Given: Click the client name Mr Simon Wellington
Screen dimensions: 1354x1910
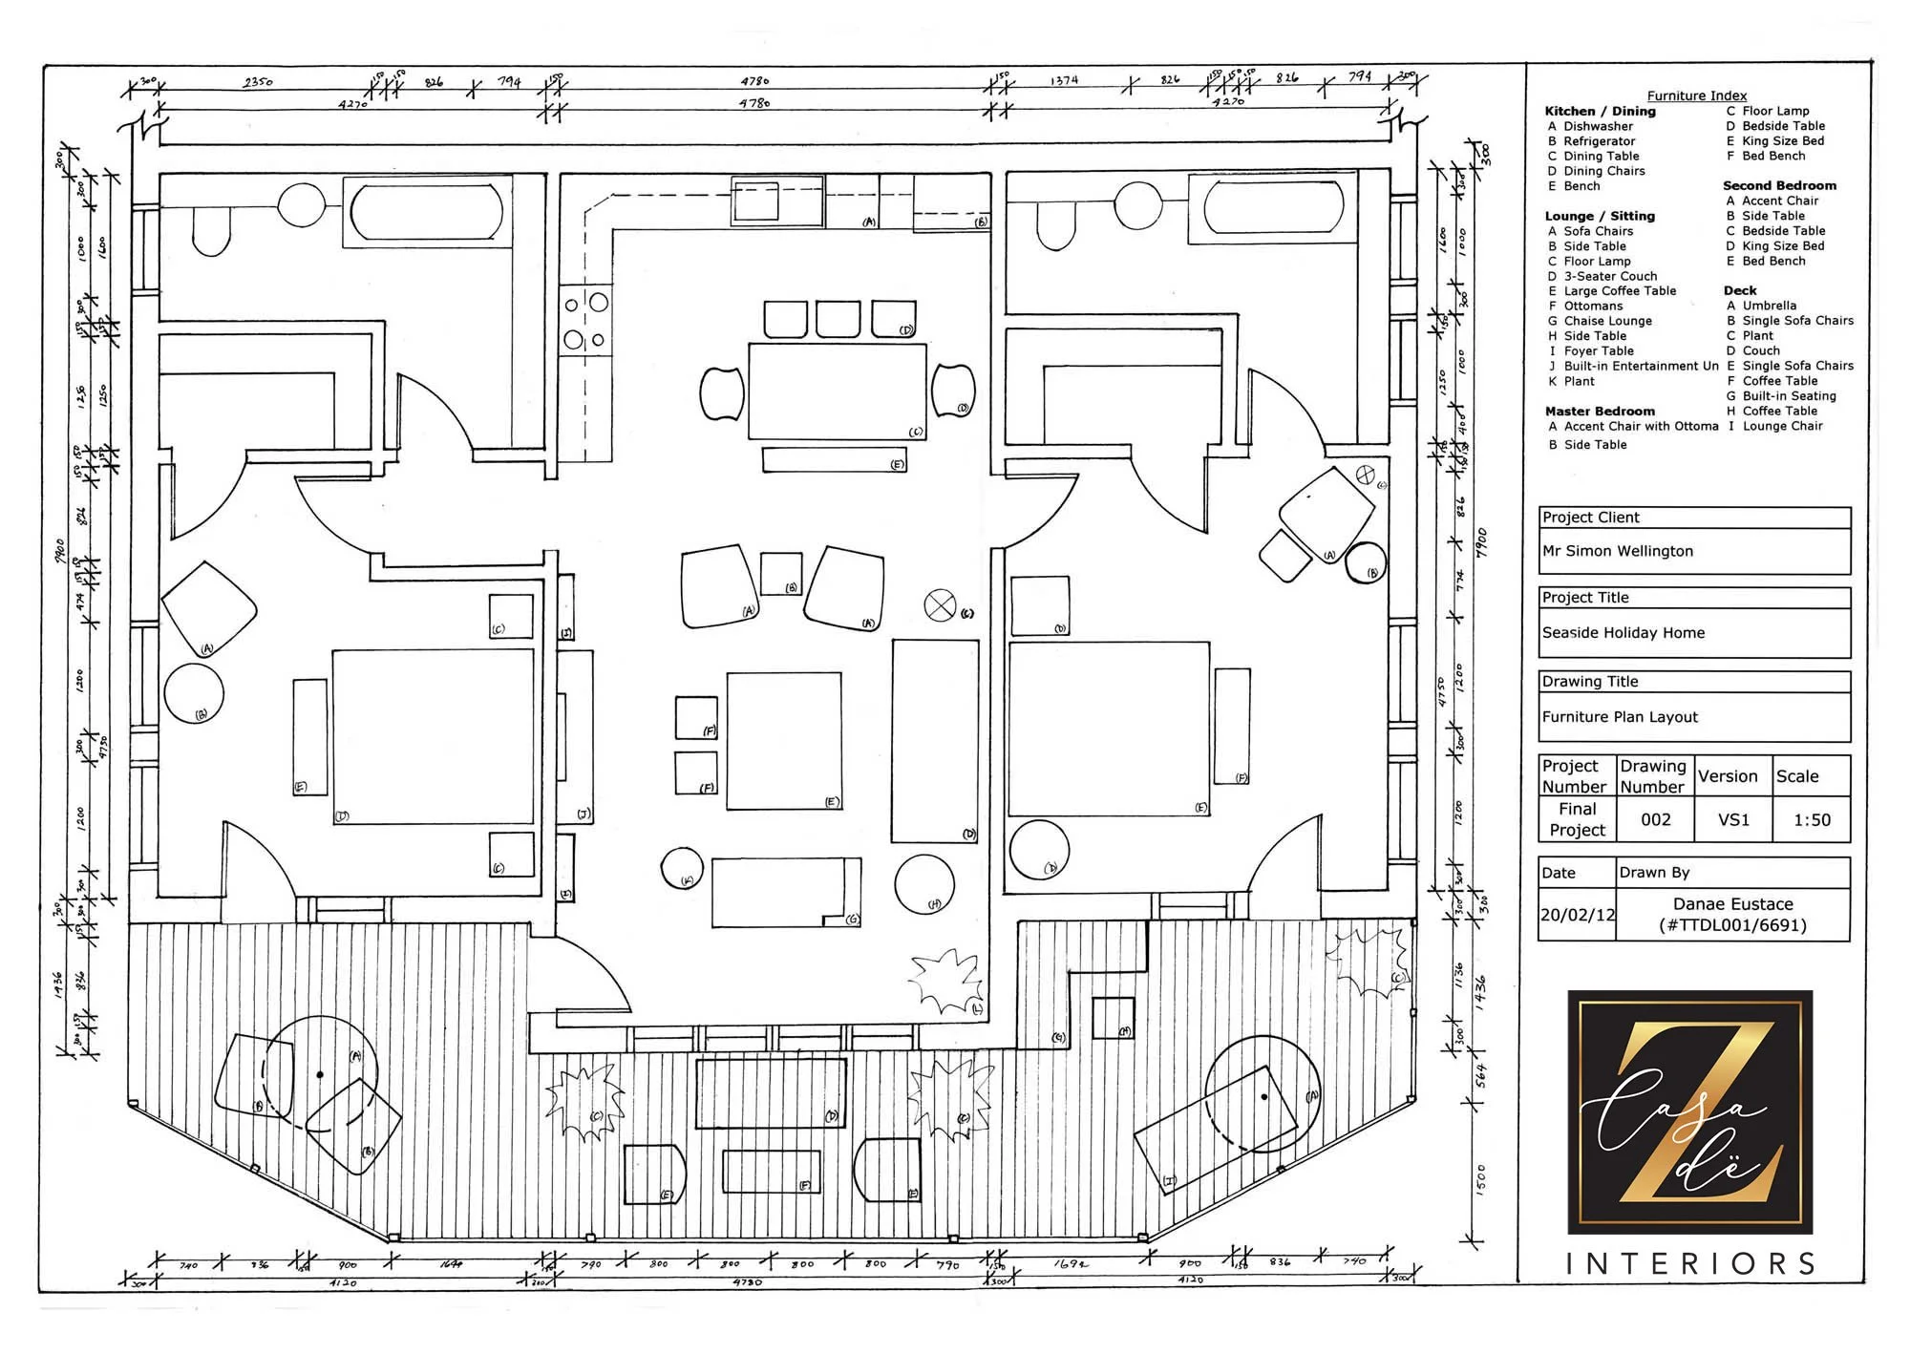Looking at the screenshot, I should pyautogui.click(x=1617, y=551).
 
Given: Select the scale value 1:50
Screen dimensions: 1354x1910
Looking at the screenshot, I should pyautogui.click(x=1812, y=819).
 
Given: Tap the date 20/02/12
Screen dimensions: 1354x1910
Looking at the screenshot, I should pyautogui.click(x=1577, y=915).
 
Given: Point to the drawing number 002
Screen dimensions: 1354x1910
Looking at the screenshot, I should pyautogui.click(x=1655, y=819).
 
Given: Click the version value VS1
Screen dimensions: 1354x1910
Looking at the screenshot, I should pyautogui.click(x=1733, y=819).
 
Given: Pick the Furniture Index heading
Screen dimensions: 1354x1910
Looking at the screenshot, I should pyautogui.click(x=1696, y=95).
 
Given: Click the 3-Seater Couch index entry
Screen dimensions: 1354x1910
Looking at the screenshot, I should pyautogui.click(x=1610, y=276).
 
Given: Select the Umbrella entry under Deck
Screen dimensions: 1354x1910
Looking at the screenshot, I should pyautogui.click(x=1769, y=306).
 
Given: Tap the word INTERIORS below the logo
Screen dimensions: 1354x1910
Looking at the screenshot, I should pyautogui.click(x=1690, y=1264).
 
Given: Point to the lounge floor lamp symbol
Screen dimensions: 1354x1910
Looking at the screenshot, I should pyautogui.click(x=941, y=604).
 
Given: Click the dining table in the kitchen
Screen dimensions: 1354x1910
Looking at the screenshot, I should pyautogui.click(x=837, y=392).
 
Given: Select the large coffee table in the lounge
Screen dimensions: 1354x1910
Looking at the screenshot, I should pyautogui.click(x=784, y=741).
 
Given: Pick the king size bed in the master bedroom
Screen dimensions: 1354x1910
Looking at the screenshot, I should pyautogui.click(x=433, y=736).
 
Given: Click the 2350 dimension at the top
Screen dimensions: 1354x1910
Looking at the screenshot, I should pyautogui.click(x=258, y=82).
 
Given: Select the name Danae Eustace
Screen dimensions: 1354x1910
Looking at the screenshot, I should pyautogui.click(x=1732, y=904).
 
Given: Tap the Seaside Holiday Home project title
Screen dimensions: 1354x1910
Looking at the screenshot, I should pyautogui.click(x=1623, y=633).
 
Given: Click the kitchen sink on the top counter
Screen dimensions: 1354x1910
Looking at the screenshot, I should pyautogui.click(x=756, y=201).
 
